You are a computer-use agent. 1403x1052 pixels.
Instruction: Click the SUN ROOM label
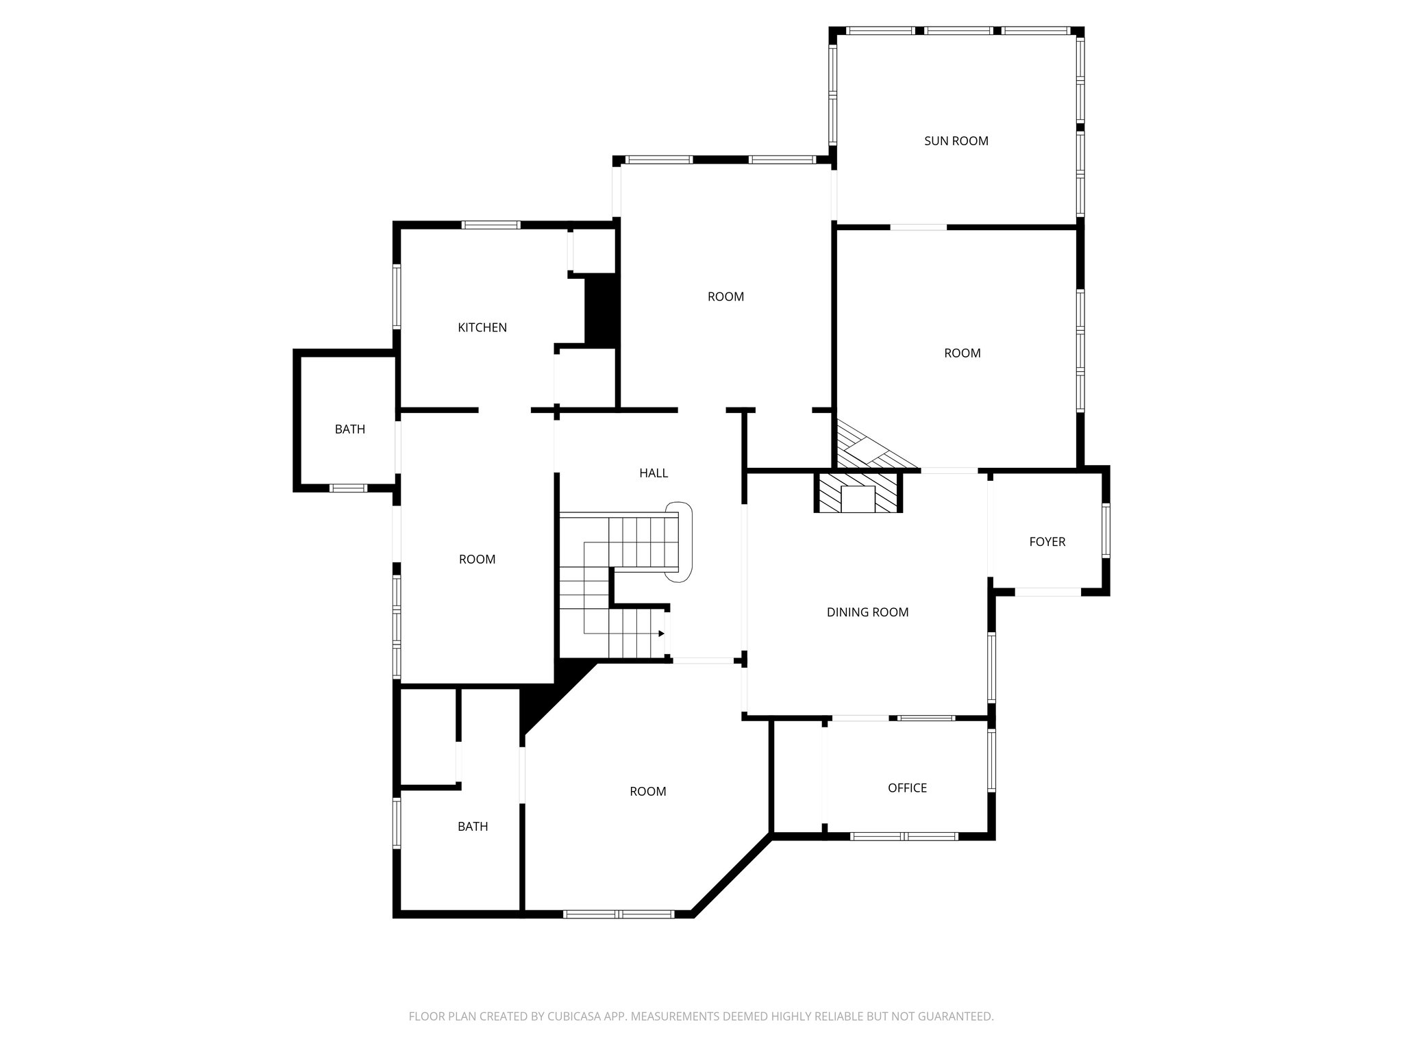(x=956, y=141)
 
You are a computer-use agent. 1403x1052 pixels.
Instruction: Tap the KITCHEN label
(x=482, y=327)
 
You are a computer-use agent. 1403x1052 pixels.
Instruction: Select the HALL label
(x=653, y=473)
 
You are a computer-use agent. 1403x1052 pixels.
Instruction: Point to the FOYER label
(x=1047, y=542)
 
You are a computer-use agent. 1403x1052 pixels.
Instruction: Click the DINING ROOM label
(x=867, y=612)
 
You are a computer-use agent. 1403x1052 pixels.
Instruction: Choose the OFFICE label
(x=907, y=788)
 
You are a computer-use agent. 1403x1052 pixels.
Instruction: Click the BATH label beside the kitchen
(x=349, y=429)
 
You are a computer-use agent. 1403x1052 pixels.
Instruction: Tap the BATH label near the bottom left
(x=473, y=827)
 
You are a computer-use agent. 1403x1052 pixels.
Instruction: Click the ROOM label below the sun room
(x=962, y=353)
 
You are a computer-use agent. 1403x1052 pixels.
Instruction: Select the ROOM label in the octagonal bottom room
(x=647, y=792)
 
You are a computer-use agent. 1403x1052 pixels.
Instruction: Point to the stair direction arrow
(x=661, y=634)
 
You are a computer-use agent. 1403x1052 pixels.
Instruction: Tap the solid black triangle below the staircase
(x=548, y=692)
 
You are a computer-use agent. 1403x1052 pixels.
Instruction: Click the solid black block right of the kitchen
(x=601, y=310)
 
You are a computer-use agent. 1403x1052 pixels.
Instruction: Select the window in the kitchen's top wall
(x=491, y=225)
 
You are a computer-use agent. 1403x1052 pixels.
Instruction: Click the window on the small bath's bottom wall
(x=348, y=488)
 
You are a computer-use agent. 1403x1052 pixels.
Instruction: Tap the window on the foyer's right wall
(x=1105, y=531)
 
